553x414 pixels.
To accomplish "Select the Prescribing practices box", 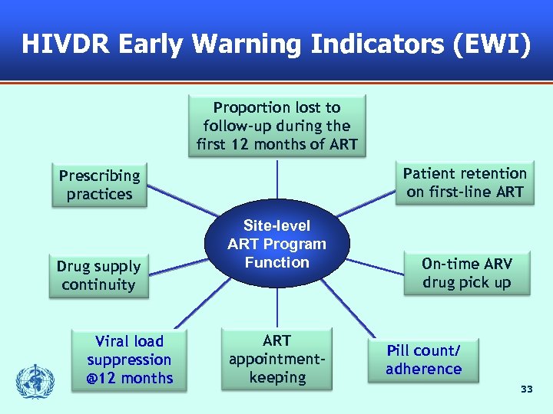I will tap(99, 185).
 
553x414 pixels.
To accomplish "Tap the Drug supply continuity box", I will tap(99, 276).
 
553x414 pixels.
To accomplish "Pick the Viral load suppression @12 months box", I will tap(129, 360).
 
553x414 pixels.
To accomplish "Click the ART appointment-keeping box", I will tap(276, 360).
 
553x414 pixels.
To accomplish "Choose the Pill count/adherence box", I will tap(423, 360).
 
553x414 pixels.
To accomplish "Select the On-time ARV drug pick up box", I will tap(466, 273).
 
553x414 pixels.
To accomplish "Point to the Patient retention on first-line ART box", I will tap(465, 182).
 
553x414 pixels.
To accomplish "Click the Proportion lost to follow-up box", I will tap(276, 126).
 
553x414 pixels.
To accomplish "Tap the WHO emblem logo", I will tap(31, 380).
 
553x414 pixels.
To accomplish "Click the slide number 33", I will tap(526, 390).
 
